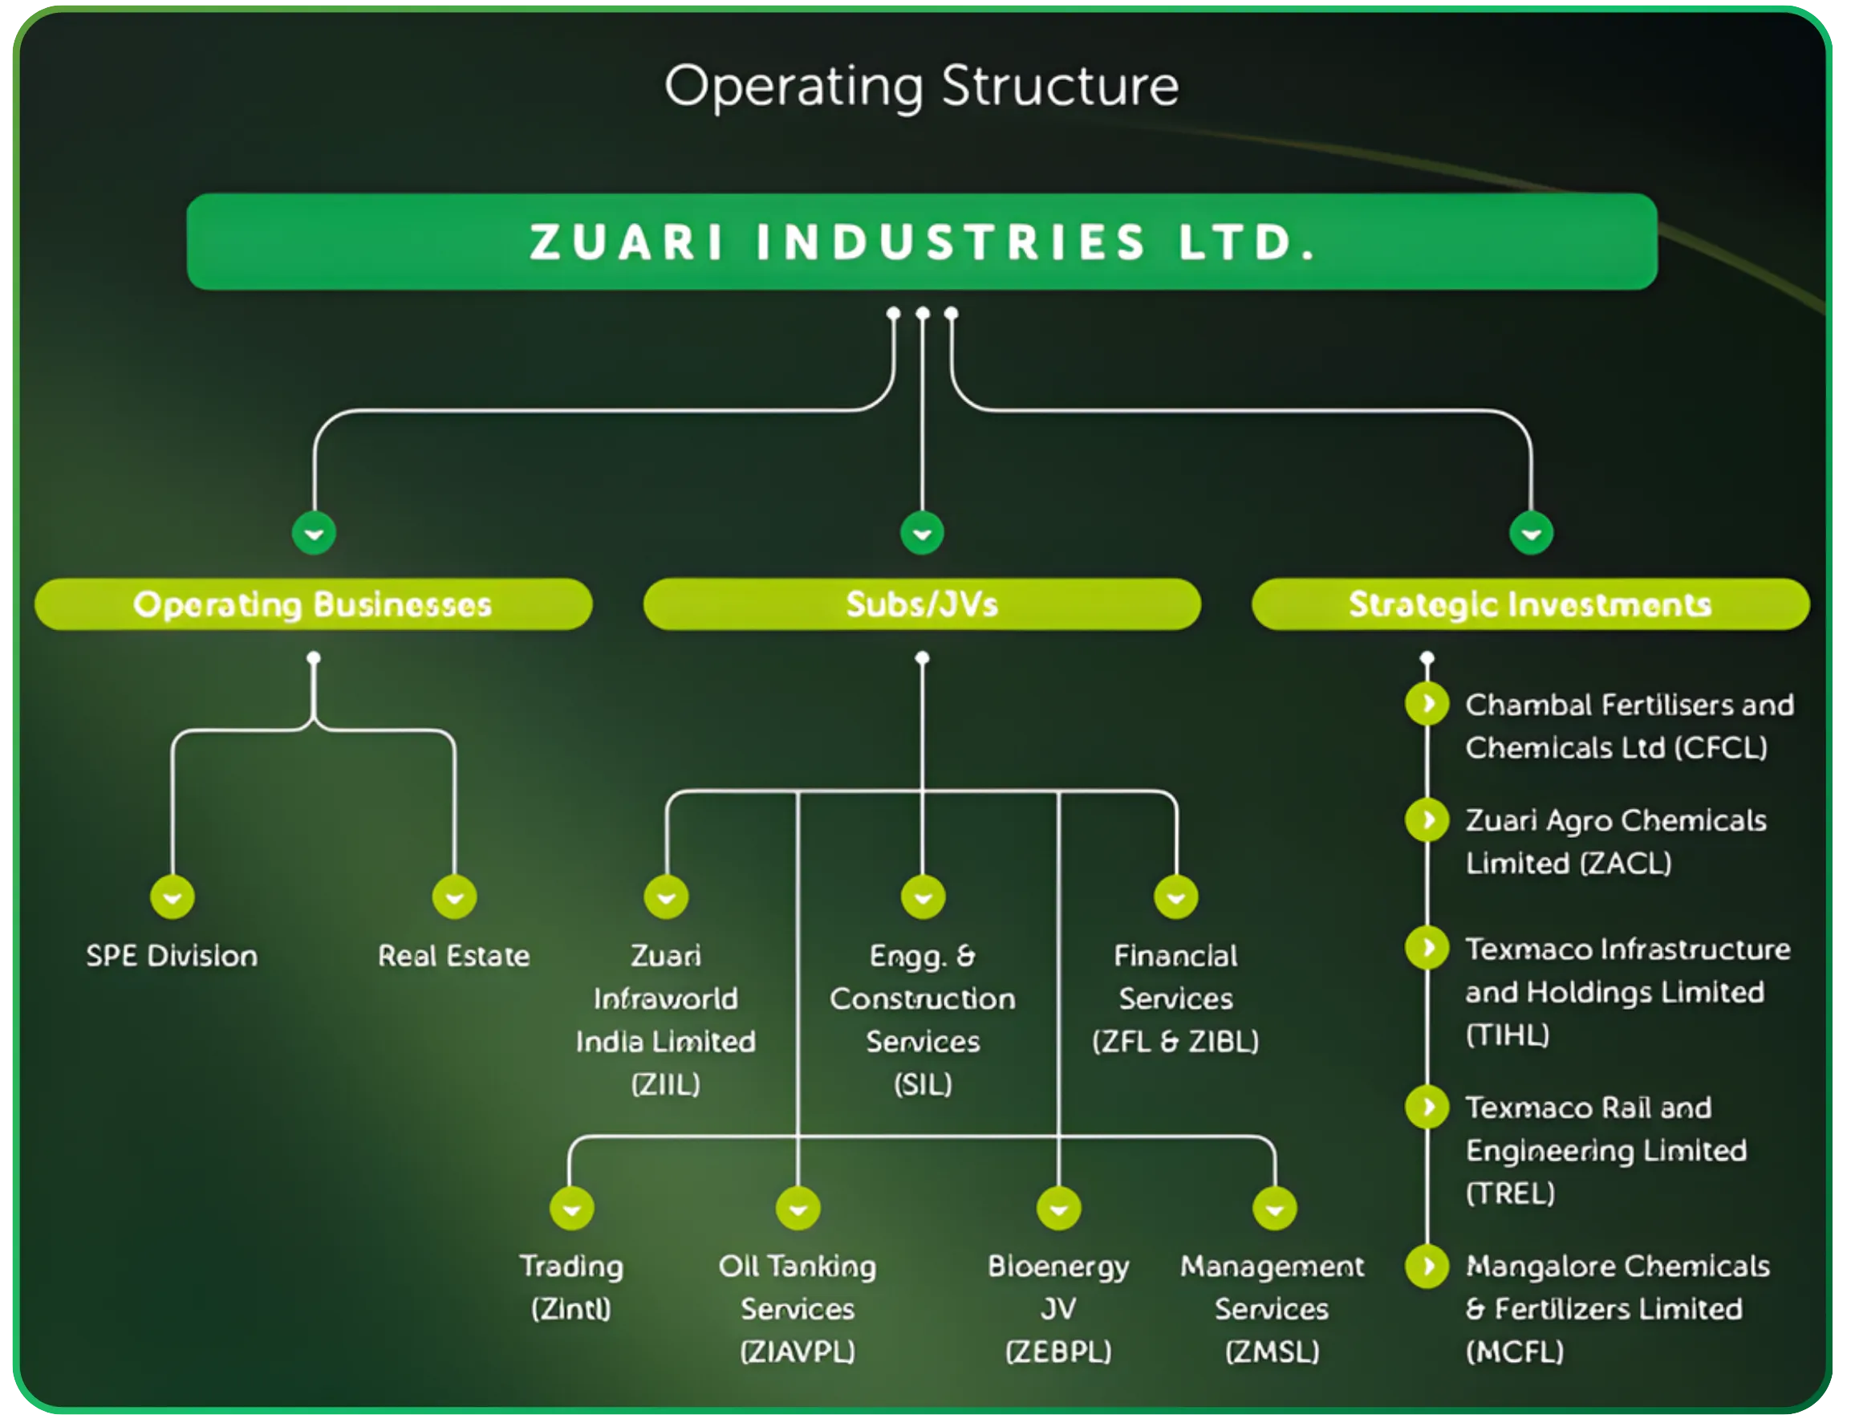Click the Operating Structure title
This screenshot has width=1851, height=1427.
[921, 87]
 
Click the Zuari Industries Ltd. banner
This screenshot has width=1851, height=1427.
[922, 242]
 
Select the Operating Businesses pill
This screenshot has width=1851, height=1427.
[313, 604]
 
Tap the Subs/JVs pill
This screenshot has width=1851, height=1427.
[922, 604]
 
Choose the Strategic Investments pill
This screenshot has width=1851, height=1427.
[1531, 604]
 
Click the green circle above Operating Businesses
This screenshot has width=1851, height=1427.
[314, 534]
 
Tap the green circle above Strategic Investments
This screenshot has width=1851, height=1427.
[1532, 534]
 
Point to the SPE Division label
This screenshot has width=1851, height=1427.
[172, 956]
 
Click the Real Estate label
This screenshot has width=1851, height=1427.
[454, 956]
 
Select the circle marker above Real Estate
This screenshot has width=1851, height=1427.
[454, 897]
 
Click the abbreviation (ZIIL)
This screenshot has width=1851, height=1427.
[666, 1083]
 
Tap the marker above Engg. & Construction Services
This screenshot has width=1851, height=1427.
[923, 897]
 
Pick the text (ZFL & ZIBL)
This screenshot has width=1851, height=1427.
[1175, 1040]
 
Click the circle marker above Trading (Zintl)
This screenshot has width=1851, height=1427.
[571, 1208]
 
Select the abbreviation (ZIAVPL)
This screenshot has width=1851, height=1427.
[798, 1351]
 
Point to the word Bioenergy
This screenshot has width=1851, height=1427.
[1058, 1266]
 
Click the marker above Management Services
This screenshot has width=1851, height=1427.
[1275, 1208]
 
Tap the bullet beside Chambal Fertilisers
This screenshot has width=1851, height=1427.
[1427, 704]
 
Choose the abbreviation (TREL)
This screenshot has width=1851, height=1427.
[1510, 1193]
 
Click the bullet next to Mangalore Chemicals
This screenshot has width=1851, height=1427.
[1427, 1266]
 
